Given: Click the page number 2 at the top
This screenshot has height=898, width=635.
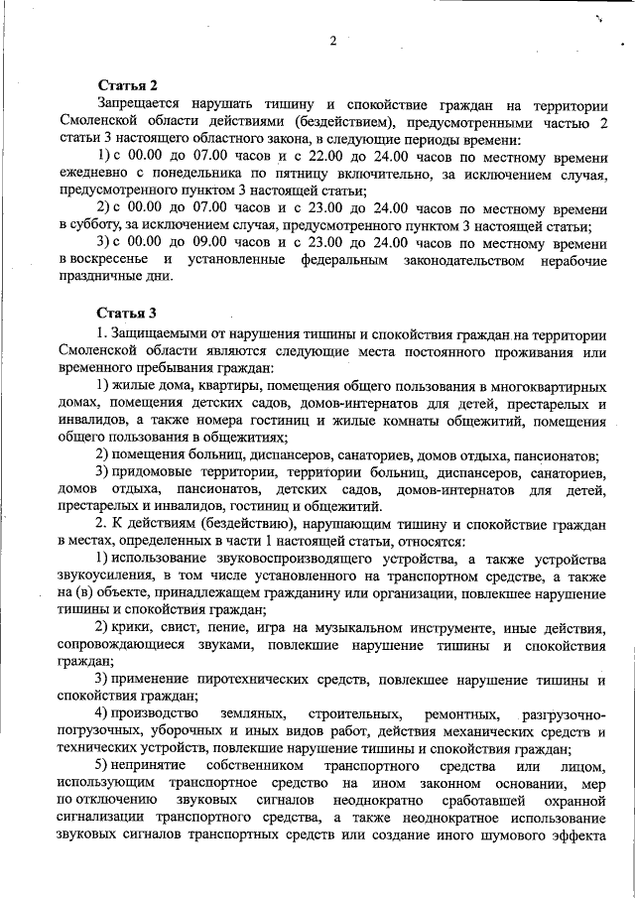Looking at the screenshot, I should [333, 41].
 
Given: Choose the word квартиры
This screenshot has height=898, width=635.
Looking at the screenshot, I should [219, 384].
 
